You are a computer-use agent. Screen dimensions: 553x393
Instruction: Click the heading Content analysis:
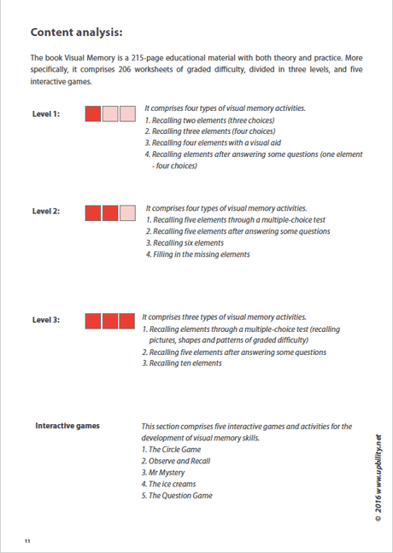tap(76, 32)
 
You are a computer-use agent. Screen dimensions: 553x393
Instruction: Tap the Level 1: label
tap(45, 114)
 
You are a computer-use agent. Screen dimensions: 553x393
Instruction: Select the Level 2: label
tap(45, 212)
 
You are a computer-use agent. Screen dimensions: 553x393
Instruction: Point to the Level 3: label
tap(45, 320)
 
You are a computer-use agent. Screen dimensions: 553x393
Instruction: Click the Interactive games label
tap(67, 426)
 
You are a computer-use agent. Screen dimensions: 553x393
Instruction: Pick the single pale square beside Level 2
tap(126, 212)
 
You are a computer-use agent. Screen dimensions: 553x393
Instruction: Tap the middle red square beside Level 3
tap(110, 321)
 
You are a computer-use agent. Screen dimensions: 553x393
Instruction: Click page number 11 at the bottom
tap(28, 540)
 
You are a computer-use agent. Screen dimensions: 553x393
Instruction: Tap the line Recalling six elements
tap(181, 243)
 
